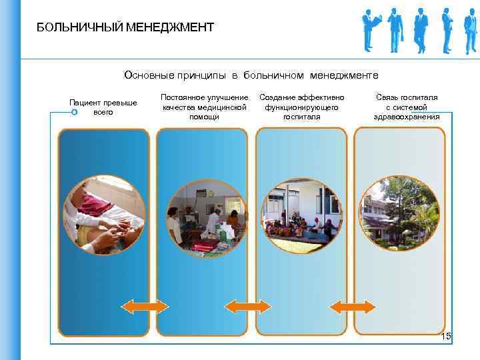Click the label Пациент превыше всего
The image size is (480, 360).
pyautogui.click(x=103, y=107)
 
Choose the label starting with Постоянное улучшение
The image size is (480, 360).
pyautogui.click(x=205, y=107)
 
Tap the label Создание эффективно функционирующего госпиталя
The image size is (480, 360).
pyautogui.click(x=302, y=107)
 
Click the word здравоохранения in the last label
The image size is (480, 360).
pyautogui.click(x=407, y=117)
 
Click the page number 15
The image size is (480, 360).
pyautogui.click(x=446, y=337)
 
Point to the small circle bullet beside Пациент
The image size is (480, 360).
pyautogui.click(x=74, y=112)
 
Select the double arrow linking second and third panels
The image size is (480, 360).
pyautogui.click(x=247, y=306)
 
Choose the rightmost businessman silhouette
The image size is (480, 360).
pyautogui.click(x=470, y=30)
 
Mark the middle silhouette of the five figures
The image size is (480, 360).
pyautogui.click(x=421, y=30)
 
